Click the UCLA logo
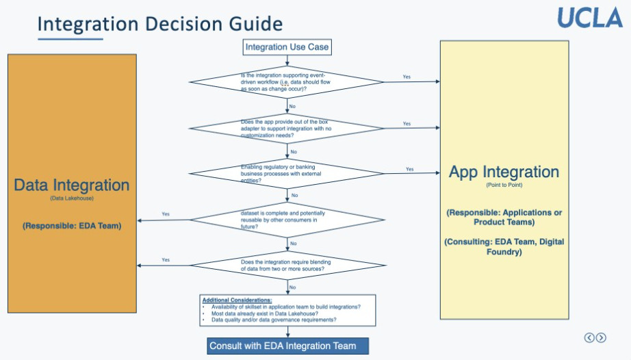[589, 17]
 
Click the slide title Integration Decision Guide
[159, 24]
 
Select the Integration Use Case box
[287, 47]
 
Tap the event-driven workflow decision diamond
[287, 81]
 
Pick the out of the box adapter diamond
[287, 128]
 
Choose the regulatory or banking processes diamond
[287, 173]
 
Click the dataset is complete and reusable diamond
[287, 220]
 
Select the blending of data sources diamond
[287, 265]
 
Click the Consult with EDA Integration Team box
[287, 346]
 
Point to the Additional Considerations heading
[237, 300]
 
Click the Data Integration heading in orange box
[72, 185]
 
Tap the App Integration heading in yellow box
[504, 172]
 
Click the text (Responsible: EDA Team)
[72, 225]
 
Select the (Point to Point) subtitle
[504, 185]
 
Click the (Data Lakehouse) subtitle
[71, 198]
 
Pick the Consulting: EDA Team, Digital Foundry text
[504, 246]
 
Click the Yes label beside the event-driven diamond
[407, 77]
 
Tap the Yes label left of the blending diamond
[166, 260]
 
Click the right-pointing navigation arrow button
[601, 337]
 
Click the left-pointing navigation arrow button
[589, 337]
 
